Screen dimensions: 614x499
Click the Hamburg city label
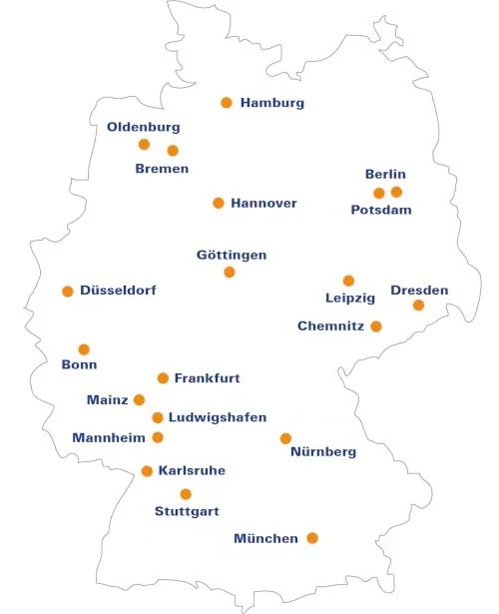pos(271,103)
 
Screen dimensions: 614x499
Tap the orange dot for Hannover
pos(219,203)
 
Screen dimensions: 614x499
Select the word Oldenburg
pos(144,128)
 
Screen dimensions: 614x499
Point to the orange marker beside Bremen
pos(173,151)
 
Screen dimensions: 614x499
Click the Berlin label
pos(385,175)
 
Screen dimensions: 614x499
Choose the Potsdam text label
pos(381,210)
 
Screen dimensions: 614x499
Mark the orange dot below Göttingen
pos(230,272)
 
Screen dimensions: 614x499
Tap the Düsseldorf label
pos(118,291)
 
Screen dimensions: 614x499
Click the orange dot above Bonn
pos(84,349)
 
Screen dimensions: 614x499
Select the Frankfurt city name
pos(207,378)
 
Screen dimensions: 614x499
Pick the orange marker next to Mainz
pos(139,400)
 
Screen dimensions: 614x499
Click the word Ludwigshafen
pos(218,417)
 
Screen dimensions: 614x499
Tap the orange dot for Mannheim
pos(158,437)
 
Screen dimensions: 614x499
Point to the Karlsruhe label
pos(192,470)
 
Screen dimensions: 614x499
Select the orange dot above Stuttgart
pos(186,494)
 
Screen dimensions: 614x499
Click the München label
pos(265,539)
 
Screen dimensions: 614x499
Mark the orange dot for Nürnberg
pos(285,438)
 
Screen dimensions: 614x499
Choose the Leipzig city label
pos(350,298)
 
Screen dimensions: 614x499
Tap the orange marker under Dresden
pos(418,306)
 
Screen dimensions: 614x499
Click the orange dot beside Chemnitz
pos(376,326)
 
